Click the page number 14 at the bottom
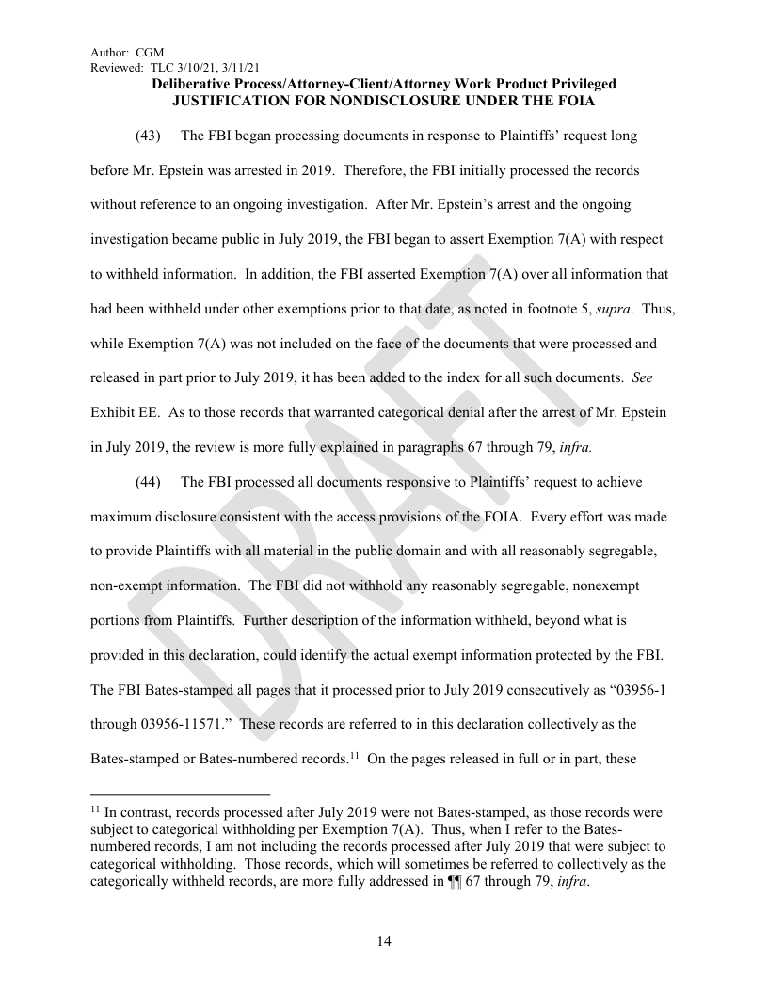(384, 941)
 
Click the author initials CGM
(151, 53)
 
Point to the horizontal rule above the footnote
(180, 794)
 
